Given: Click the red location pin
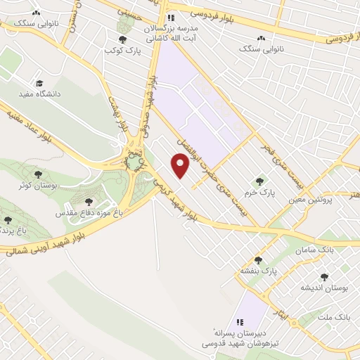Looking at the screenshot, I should pyautogui.click(x=181, y=165).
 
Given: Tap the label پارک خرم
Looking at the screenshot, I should pyautogui.click(x=264, y=191).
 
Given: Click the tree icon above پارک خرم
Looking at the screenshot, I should pyautogui.click(x=264, y=181).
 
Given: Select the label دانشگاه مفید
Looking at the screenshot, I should pyautogui.click(x=44, y=93).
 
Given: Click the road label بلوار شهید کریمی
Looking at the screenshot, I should pyautogui.click(x=169, y=197).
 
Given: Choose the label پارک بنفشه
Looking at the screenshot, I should pyautogui.click(x=260, y=270).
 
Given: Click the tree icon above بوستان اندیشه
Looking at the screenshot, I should pyautogui.click(x=324, y=277).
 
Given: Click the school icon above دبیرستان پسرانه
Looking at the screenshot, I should pyautogui.click(x=239, y=321).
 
